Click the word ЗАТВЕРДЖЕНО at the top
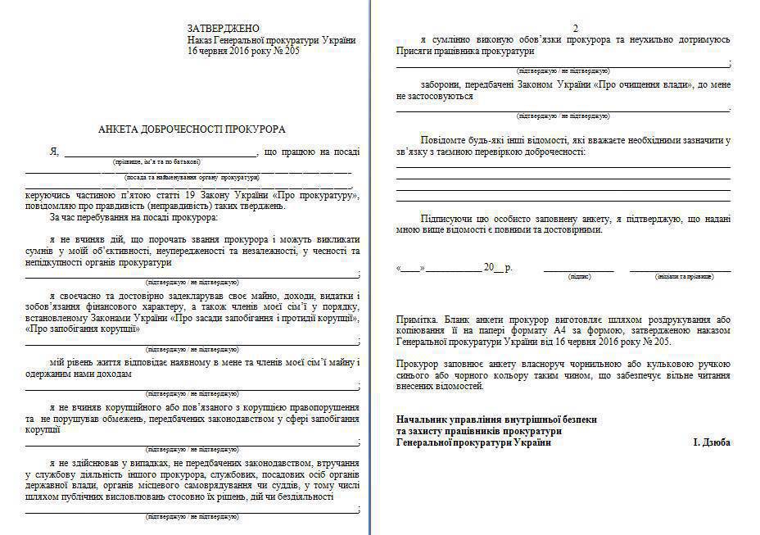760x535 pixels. pos(224,28)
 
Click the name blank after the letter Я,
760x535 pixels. pos(161,152)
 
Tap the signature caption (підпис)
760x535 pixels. pos(579,277)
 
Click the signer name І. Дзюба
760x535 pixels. pos(712,442)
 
